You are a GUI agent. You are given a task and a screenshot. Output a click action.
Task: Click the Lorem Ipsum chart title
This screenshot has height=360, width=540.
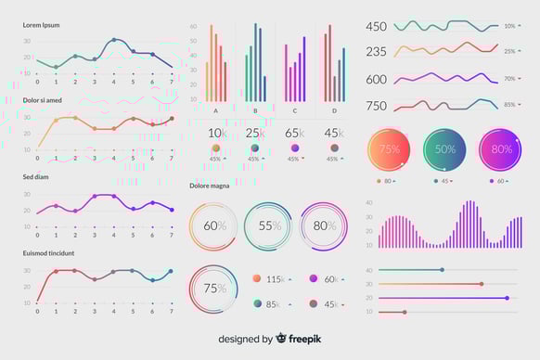click(x=41, y=25)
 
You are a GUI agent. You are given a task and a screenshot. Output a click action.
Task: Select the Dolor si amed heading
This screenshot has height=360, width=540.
click(x=43, y=99)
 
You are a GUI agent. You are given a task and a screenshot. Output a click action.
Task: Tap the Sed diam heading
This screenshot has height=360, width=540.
click(x=37, y=176)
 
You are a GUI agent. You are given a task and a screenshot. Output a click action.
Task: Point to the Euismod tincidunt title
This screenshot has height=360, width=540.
click(x=48, y=252)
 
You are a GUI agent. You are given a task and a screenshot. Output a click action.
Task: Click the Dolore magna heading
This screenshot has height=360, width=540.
click(x=209, y=185)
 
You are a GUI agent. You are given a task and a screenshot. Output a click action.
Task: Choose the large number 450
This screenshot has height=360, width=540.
click(x=376, y=27)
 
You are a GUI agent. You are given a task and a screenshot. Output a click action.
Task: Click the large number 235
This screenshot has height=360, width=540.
click(x=376, y=52)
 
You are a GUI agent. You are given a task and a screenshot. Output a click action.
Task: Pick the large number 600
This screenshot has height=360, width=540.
click(x=376, y=80)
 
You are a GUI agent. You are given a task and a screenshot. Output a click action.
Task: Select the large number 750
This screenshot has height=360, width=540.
click(x=376, y=106)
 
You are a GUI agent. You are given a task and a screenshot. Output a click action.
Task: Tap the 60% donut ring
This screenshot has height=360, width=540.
click(x=214, y=225)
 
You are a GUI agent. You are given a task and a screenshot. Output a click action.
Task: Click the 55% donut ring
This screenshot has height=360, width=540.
click(x=269, y=225)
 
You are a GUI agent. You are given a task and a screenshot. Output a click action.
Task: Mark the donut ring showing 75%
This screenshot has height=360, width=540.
click(x=214, y=288)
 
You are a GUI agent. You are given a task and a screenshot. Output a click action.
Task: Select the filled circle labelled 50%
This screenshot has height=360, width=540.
click(x=445, y=149)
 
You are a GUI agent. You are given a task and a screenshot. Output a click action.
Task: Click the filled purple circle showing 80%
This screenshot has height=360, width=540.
click(x=501, y=149)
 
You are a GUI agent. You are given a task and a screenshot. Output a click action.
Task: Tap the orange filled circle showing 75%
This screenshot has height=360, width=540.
click(x=390, y=149)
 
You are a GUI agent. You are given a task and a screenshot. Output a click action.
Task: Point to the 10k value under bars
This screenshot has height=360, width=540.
click(x=216, y=133)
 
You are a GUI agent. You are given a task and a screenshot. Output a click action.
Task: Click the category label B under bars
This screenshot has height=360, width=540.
click(x=255, y=110)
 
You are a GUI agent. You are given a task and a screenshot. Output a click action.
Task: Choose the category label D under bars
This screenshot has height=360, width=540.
click(x=334, y=110)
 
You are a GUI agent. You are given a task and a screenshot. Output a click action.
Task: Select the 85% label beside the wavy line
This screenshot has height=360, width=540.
click(x=509, y=105)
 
